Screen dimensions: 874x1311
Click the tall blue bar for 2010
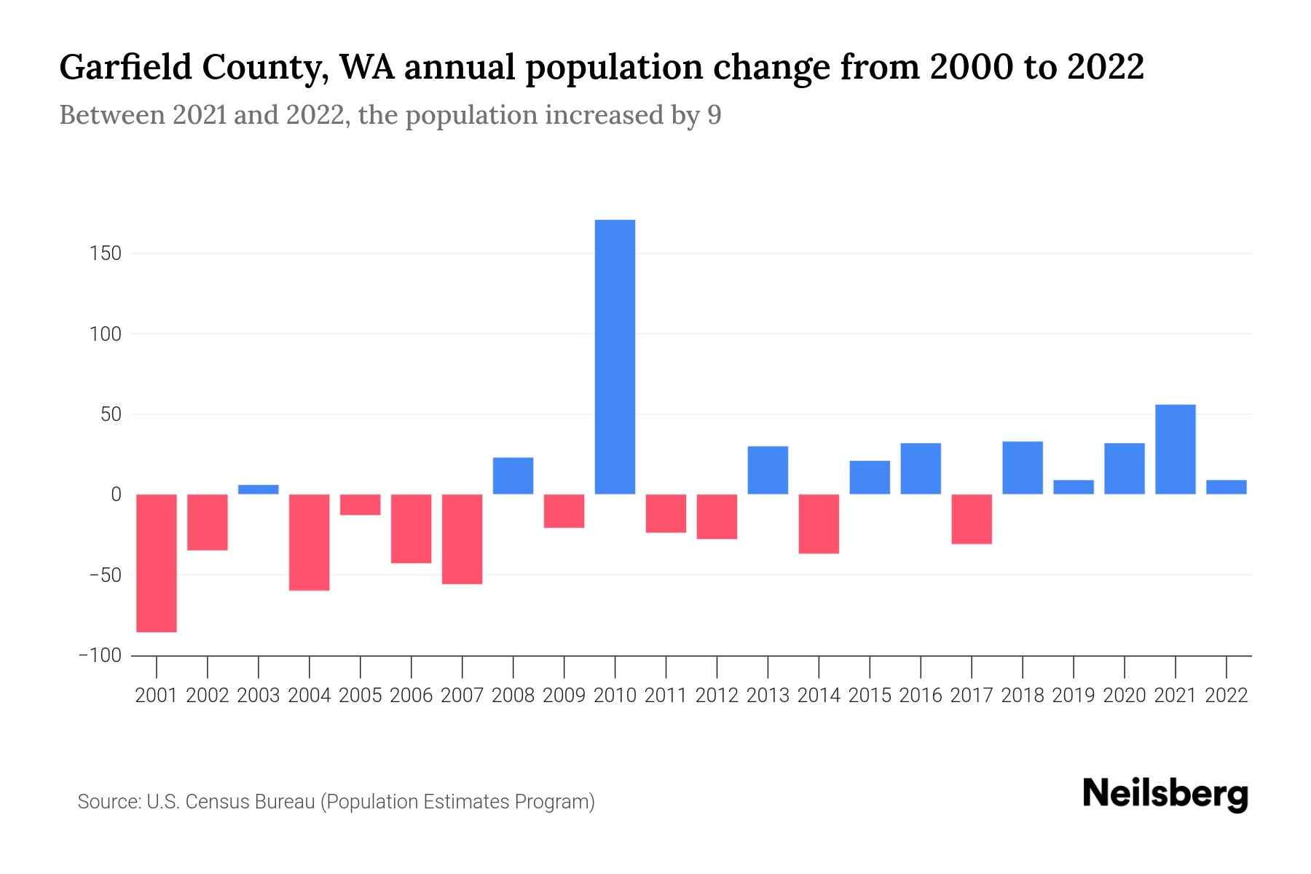615,357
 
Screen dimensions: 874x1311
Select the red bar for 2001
157,563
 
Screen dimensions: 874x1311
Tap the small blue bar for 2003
259,489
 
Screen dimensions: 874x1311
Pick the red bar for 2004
310,542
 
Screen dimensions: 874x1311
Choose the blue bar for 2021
1176,449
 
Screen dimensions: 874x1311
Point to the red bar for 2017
972,519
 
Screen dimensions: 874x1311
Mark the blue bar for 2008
513,476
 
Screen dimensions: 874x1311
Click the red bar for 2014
819,524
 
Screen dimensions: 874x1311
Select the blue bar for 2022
1227,487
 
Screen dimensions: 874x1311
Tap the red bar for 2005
361,505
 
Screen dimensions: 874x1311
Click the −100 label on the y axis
100,655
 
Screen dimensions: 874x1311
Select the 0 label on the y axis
116,495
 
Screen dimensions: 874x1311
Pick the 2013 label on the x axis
768,696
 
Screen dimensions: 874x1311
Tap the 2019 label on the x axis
1074,696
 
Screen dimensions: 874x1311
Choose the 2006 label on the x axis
412,696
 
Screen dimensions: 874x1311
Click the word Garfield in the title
125,68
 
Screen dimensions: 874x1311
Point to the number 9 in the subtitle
714,115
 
